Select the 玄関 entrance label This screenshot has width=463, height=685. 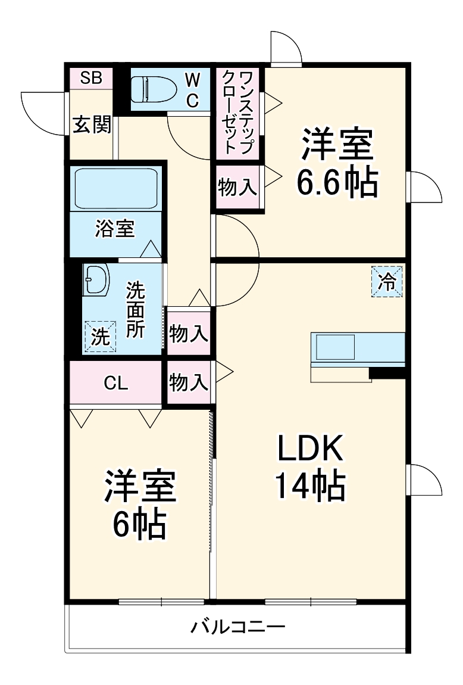[x=92, y=124]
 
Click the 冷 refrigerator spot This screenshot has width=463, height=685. [x=388, y=282]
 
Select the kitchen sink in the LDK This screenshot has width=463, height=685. [x=334, y=347]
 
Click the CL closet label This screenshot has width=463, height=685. [x=116, y=383]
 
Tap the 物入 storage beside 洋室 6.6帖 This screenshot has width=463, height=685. [x=237, y=188]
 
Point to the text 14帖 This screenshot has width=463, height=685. [x=310, y=487]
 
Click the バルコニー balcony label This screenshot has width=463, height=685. [x=238, y=627]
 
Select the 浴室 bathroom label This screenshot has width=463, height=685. [x=115, y=229]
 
